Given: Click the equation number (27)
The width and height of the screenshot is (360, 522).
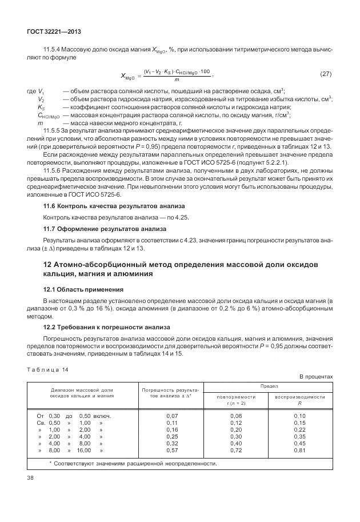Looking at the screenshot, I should [x=325, y=74].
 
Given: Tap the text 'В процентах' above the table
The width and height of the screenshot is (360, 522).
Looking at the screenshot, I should [x=316, y=377].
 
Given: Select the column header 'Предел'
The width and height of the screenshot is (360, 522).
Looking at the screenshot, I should [x=269, y=387].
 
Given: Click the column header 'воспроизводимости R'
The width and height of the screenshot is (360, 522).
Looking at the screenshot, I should [x=300, y=400].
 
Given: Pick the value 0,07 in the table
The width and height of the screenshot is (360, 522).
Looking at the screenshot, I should [x=172, y=416].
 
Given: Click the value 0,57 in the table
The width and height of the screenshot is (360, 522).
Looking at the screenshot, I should [x=172, y=450].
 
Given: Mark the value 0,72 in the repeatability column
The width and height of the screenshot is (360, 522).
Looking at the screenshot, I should [x=236, y=450].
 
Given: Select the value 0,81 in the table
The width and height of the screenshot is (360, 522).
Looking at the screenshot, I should [x=300, y=450].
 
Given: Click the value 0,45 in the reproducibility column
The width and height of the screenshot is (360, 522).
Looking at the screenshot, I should [x=300, y=443].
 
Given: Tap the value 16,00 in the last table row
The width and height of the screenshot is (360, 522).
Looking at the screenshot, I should [x=84, y=450].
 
